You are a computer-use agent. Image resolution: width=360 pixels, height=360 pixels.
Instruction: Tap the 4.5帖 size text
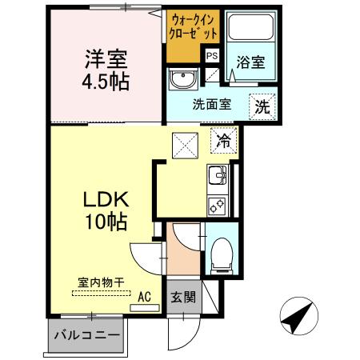click(x=107, y=81)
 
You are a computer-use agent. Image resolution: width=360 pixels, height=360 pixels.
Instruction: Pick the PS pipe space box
click(x=211, y=56)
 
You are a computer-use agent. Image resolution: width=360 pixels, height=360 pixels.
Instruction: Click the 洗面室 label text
click(x=211, y=105)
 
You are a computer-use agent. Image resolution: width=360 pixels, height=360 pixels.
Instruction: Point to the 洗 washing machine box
click(x=262, y=104)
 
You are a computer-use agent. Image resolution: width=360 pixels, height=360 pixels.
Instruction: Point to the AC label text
click(x=144, y=295)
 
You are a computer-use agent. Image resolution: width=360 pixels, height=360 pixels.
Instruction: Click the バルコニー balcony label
click(x=86, y=334)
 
